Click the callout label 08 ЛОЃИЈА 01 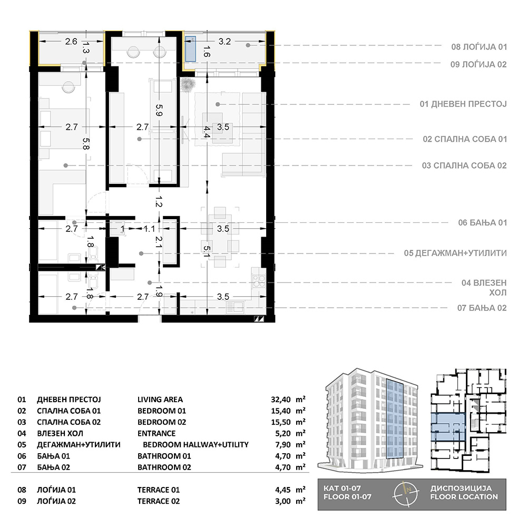(x=479, y=47)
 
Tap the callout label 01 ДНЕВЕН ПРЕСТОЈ (x=463, y=104)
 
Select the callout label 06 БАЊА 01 (x=482, y=222)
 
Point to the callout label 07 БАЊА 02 (x=482, y=308)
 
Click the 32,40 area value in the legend (x=281, y=399)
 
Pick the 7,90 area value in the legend (x=282, y=445)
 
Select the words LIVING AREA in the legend (x=160, y=399)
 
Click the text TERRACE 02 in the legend (x=158, y=501)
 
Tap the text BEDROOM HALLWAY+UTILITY (x=196, y=445)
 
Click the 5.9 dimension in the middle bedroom (x=159, y=110)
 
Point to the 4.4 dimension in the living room (x=207, y=132)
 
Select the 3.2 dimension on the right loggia (x=225, y=41)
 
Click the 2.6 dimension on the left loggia (x=71, y=41)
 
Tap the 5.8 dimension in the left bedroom (x=86, y=143)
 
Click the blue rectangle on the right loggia (x=191, y=48)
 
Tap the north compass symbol (x=406, y=494)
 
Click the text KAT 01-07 (x=342, y=489)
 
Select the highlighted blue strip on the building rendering (x=395, y=419)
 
